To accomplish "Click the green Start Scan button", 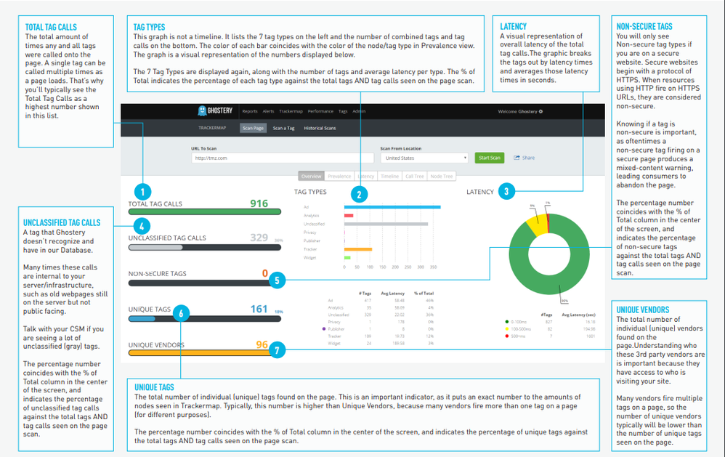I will click(489, 158).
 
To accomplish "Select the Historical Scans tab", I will click(320, 128).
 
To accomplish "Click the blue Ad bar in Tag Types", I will click(392, 207).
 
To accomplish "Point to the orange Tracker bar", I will click(358, 249).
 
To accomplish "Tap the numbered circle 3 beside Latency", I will click(506, 192).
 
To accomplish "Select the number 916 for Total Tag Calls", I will click(259, 204).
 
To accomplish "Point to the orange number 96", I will click(262, 344).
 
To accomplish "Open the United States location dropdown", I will click(425, 158).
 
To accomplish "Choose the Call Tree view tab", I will click(414, 176).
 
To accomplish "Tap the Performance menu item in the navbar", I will click(320, 111).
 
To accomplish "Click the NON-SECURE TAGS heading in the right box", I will click(644, 27).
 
